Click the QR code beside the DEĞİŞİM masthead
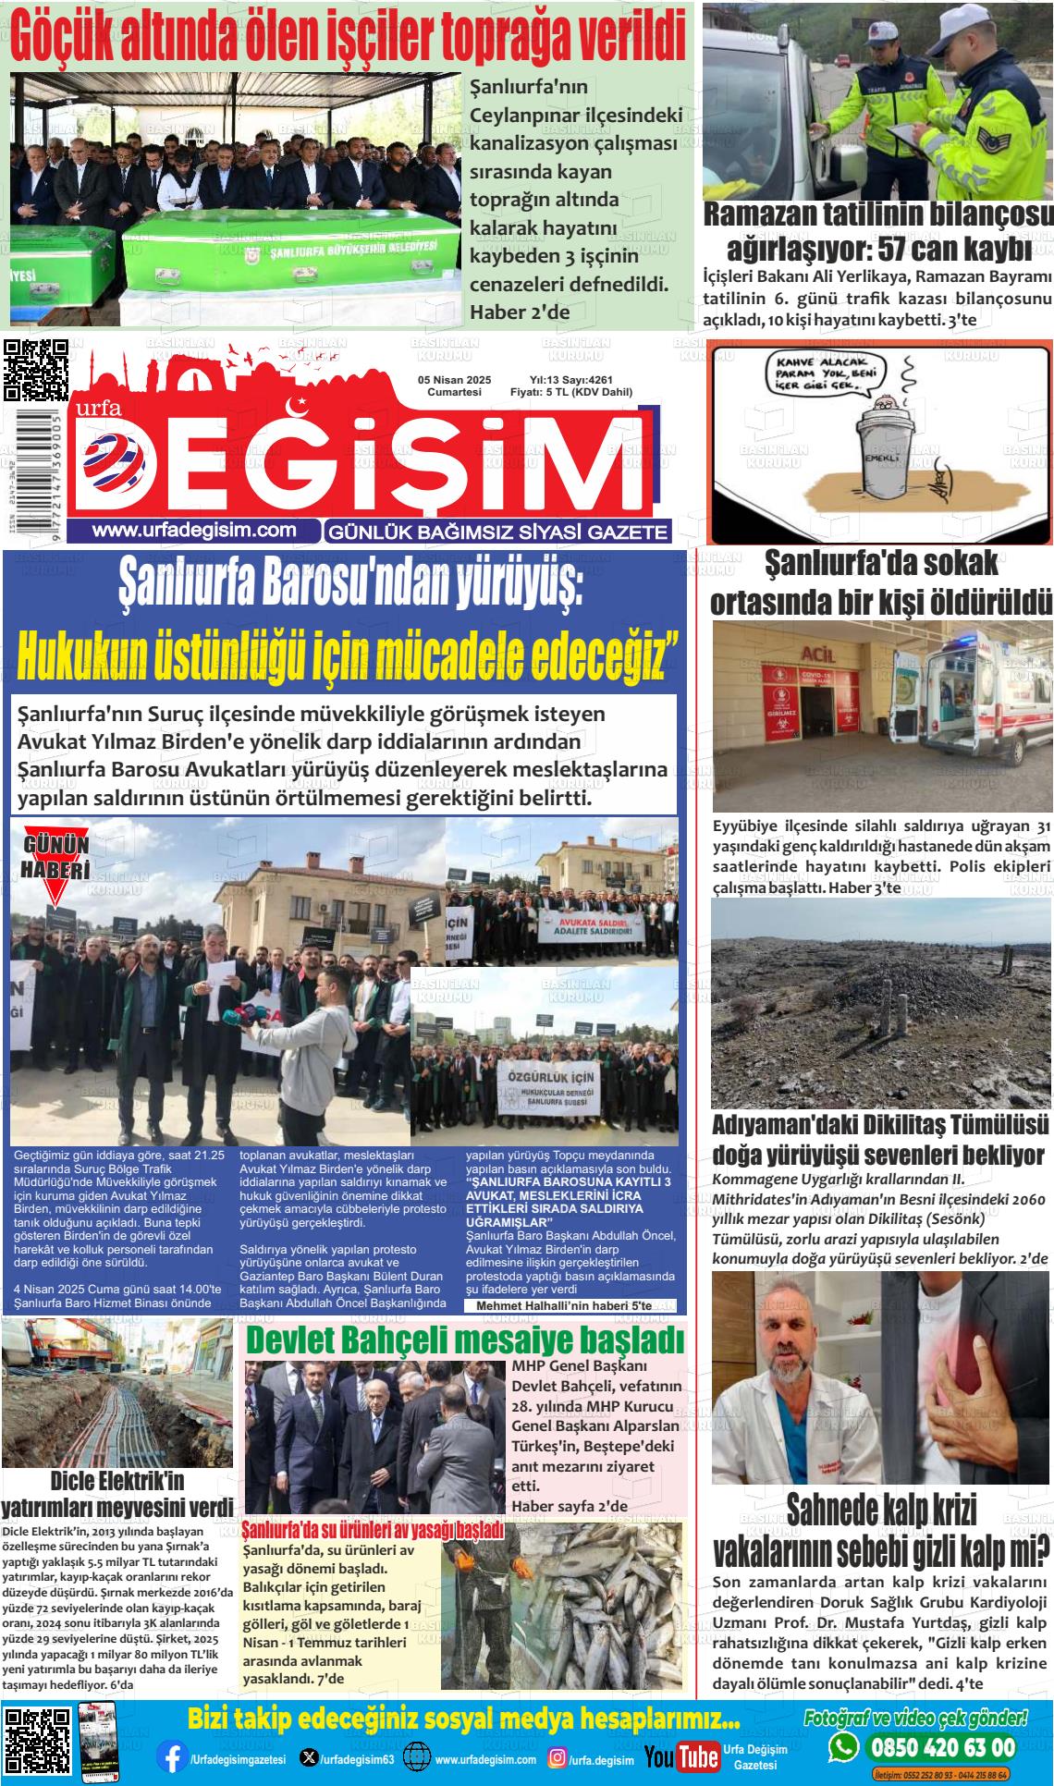pyautogui.click(x=36, y=369)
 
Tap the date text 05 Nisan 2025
pyautogui.click(x=454, y=380)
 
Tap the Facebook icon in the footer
pyautogui.click(x=169, y=1757)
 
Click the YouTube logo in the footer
pyautogui.click(x=681, y=1756)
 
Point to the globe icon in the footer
pyautogui.click(x=417, y=1757)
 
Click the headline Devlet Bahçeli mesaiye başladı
pyautogui.click(x=465, y=1340)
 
